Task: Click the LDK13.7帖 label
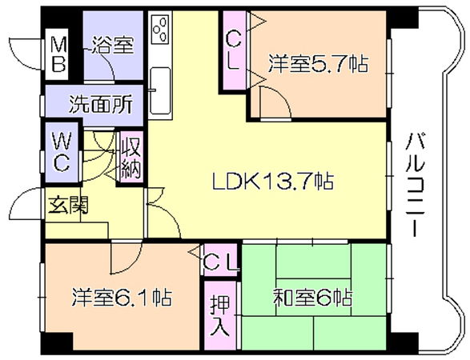273,181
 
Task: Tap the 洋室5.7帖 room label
318,63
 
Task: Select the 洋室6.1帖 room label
122,297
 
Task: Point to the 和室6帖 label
312,297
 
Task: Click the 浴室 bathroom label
112,45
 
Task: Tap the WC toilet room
62,152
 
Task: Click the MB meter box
58,54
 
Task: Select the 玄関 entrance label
68,205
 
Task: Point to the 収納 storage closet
131,158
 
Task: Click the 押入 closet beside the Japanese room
220,315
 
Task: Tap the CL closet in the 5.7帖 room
234,50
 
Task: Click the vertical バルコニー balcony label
415,185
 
